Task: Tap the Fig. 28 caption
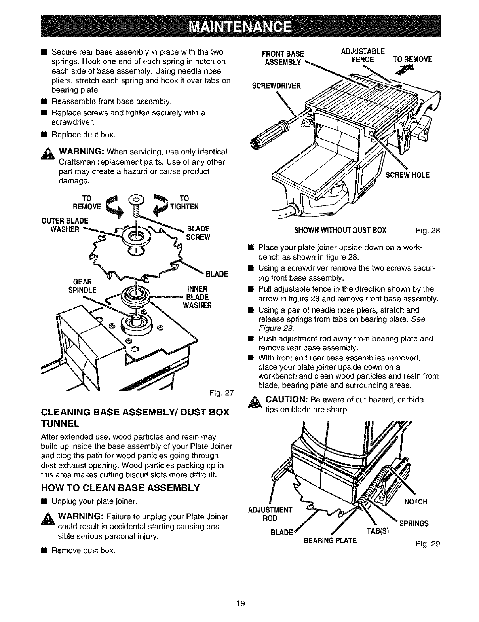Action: [x=428, y=230]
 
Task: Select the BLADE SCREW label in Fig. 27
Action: [x=198, y=233]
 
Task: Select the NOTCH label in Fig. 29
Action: [x=416, y=502]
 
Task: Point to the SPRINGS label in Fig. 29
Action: [x=414, y=523]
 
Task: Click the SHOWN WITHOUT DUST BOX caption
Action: [x=340, y=230]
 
